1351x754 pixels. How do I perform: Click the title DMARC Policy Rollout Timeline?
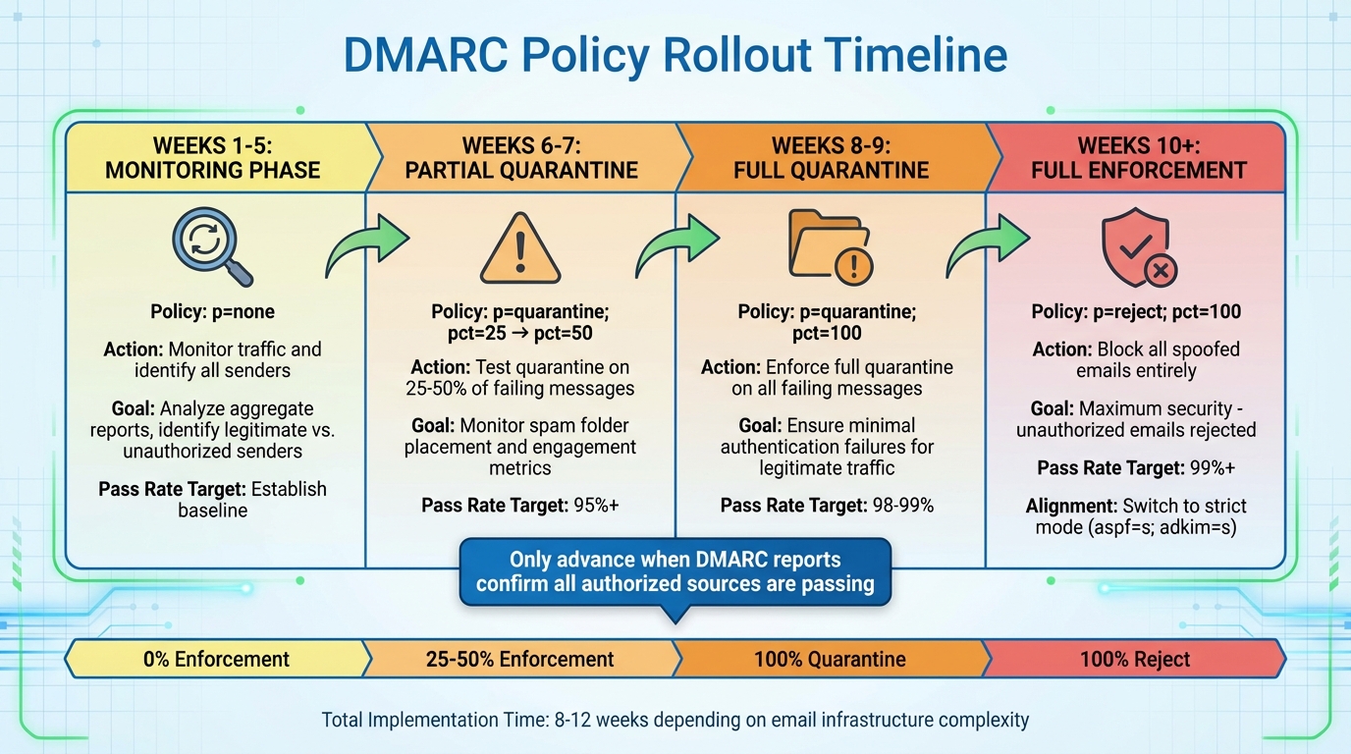675,55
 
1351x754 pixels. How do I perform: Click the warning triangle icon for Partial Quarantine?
519,248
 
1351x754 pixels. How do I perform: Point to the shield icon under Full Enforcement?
1135,248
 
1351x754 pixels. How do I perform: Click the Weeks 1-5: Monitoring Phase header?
213,158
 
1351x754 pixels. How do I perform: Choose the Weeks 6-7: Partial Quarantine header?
521,158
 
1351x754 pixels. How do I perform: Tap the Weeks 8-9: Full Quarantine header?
831,158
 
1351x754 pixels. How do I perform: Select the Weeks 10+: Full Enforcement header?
1137,158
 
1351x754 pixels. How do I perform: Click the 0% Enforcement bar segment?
216,659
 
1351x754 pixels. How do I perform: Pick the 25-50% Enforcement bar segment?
519,659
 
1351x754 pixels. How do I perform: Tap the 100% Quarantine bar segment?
830,659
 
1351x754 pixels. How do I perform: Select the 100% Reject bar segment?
1134,659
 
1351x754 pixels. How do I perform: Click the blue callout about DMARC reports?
675,571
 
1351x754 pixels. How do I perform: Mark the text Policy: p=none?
212,312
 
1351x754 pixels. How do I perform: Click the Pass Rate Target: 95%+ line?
519,506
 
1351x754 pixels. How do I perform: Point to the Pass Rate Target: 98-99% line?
827,506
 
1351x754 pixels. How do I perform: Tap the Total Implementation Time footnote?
675,720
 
